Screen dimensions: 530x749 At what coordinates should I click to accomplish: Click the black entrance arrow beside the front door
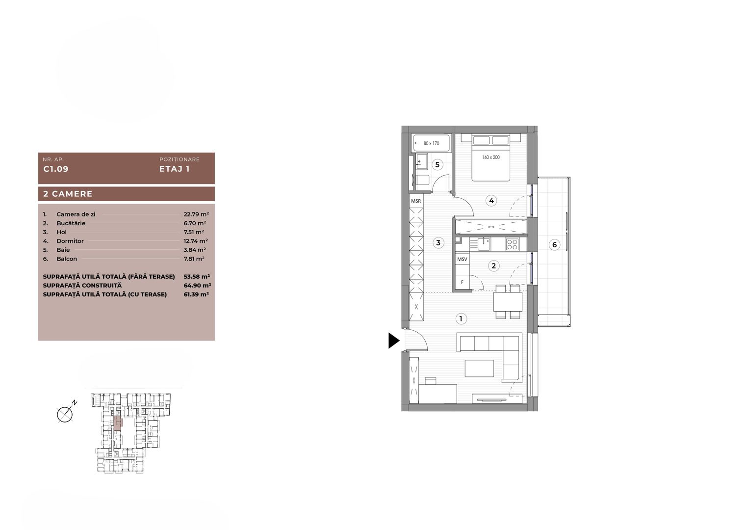click(394, 341)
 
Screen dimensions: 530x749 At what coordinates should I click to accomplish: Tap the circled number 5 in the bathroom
click(438, 164)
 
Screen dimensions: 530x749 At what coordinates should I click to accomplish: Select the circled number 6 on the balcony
click(554, 245)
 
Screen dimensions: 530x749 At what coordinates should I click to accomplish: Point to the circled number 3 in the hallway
click(439, 242)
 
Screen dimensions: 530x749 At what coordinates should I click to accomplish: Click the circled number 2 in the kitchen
click(493, 266)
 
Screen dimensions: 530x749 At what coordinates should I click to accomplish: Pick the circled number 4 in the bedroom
click(491, 200)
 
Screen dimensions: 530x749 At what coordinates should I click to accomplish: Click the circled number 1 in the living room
click(461, 318)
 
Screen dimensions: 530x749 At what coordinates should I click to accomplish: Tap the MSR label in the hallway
click(416, 201)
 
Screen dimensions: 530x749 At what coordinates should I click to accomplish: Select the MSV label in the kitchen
click(462, 259)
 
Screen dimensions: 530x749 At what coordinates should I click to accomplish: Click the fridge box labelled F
click(462, 283)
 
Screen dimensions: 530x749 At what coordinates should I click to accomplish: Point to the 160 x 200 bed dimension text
click(490, 158)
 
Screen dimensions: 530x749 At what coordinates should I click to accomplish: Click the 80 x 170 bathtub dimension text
click(431, 144)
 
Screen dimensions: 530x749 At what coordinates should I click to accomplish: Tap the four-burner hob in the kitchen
click(513, 243)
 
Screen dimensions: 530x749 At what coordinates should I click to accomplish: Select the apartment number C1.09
click(56, 169)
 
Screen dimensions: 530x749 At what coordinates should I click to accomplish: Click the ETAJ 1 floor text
click(174, 169)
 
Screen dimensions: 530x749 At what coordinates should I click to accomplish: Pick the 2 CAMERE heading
click(68, 194)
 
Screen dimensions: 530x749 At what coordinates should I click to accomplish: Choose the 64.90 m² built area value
click(201, 286)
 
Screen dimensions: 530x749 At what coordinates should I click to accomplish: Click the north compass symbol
click(65, 415)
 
